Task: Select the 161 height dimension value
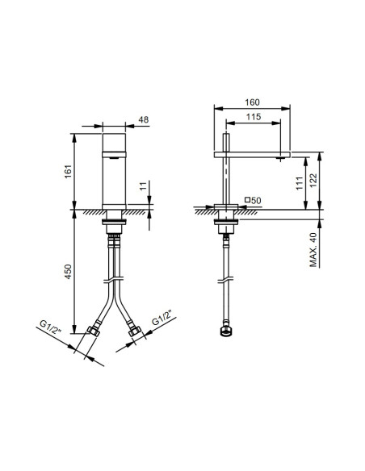(69, 170)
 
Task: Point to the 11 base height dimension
(142, 188)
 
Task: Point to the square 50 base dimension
(252, 199)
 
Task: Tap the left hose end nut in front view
(94, 331)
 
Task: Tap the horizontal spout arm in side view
(250, 152)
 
